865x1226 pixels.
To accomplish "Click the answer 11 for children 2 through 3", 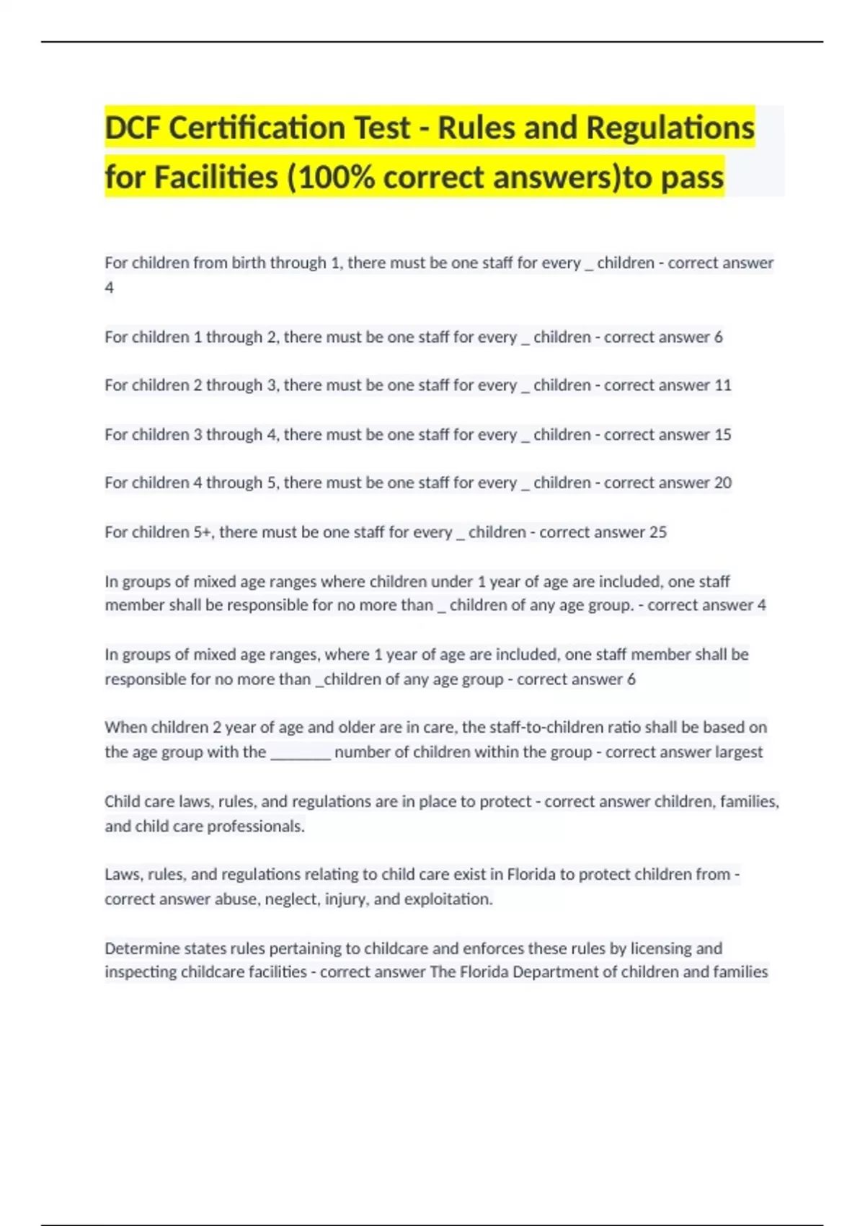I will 722,385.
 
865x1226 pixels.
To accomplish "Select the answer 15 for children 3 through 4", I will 722,434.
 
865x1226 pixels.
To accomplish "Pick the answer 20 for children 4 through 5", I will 722,482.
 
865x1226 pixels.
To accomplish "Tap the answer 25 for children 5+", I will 657,532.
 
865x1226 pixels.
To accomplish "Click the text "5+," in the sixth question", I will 204,532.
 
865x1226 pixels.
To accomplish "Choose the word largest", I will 738,752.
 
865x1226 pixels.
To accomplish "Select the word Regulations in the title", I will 670,128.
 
